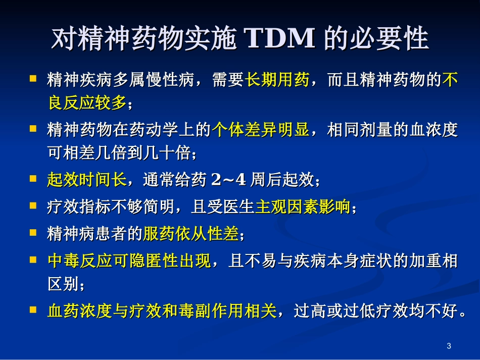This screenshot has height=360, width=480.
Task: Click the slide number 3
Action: (x=449, y=346)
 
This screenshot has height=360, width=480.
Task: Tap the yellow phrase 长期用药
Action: (x=277, y=80)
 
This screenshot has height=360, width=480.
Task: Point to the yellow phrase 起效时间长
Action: (x=87, y=179)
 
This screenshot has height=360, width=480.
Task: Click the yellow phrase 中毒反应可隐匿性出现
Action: (x=129, y=262)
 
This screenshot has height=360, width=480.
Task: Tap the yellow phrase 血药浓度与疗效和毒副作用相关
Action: (x=162, y=311)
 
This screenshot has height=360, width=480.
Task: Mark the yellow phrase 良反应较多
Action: (x=86, y=103)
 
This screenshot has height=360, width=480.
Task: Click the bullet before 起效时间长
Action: (x=33, y=179)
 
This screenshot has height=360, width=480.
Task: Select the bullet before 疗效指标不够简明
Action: (x=33, y=206)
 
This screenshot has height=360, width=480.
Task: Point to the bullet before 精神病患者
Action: (x=33, y=233)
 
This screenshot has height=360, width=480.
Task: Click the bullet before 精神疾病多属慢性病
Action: (x=33, y=79)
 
